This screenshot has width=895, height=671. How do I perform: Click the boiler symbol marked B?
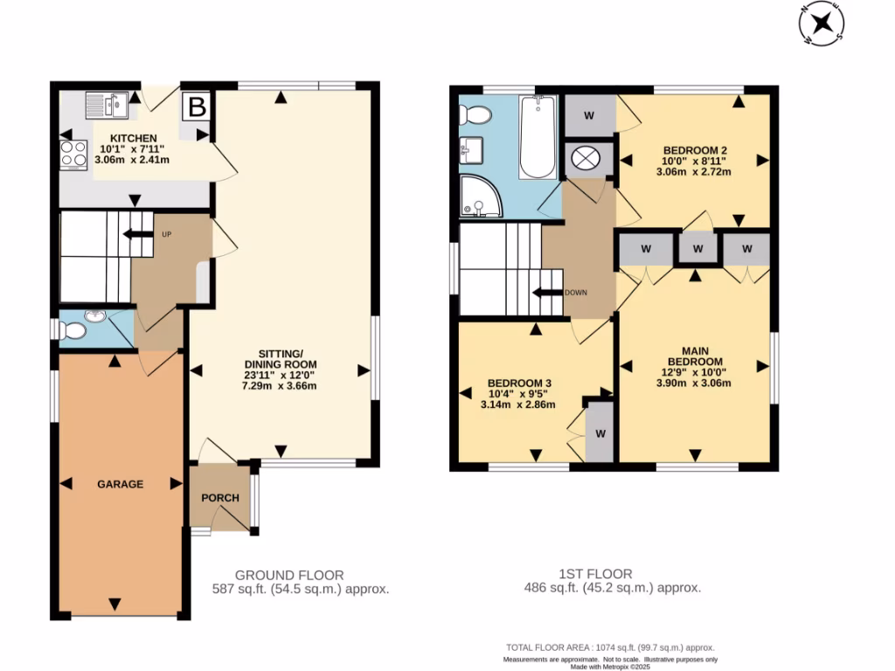coord(197,107)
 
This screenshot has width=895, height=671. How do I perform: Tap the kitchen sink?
coord(107,105)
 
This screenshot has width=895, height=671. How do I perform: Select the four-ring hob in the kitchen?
coord(73,156)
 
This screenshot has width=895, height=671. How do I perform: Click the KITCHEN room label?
coord(133,138)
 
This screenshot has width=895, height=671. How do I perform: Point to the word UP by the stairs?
coord(167,234)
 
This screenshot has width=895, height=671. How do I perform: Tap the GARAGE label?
coord(120,484)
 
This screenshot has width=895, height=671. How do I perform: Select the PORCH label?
coord(219,498)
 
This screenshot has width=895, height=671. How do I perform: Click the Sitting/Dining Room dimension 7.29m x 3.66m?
coord(279,385)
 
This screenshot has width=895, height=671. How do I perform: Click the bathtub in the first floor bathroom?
coord(538,137)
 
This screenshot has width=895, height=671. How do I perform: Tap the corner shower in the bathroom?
coord(482,197)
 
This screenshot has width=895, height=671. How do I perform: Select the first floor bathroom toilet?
coord(475,115)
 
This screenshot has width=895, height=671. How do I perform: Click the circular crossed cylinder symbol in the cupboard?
coord(586,158)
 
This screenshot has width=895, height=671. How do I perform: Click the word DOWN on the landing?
coord(576,293)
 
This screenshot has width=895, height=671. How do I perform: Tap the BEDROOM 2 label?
coord(695,150)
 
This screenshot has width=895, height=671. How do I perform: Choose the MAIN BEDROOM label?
coord(695,356)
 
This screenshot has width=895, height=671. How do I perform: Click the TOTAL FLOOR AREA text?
coord(610,647)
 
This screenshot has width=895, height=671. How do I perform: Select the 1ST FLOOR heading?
coord(595,574)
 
